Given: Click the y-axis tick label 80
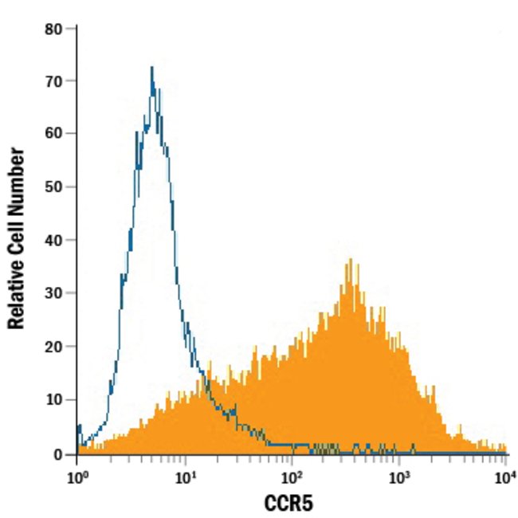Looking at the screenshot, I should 54,29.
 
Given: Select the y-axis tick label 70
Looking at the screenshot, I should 54,81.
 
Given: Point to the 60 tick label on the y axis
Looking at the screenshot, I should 54,134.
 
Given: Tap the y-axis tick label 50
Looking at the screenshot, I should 54,187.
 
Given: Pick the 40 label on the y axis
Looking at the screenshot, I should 54,240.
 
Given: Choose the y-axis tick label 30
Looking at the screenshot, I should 54,293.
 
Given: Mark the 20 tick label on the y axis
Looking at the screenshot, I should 54,347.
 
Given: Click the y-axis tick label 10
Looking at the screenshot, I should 54,399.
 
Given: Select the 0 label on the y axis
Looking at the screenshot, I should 59,453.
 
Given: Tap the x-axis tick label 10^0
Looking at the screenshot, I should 77,477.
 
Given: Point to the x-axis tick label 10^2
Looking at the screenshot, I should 292,477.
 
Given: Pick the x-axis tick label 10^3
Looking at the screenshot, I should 400,477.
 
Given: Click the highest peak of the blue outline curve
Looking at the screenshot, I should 151,68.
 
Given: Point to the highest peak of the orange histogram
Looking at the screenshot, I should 348,260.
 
